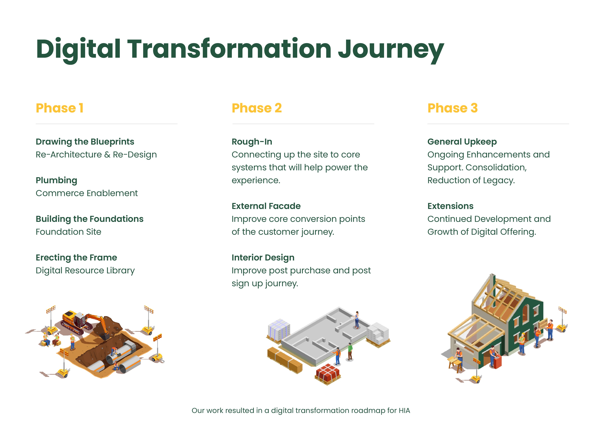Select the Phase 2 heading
(257, 108)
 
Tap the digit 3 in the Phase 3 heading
(474, 108)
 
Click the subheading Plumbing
(56, 180)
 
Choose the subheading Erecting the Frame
(76, 258)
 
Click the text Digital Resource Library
(85, 270)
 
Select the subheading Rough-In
(252, 142)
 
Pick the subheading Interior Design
(263, 258)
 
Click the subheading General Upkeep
(462, 142)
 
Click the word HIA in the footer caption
(404, 411)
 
